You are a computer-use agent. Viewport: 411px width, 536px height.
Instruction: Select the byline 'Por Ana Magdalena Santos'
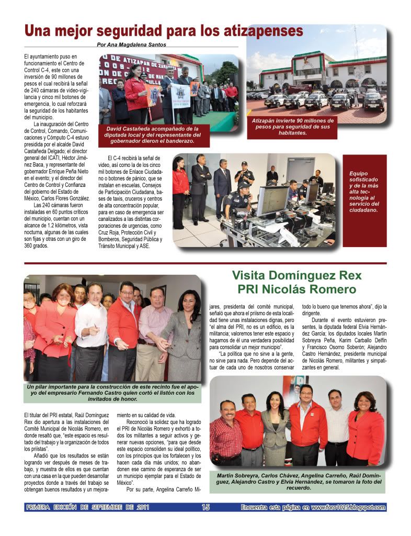(x=132, y=44)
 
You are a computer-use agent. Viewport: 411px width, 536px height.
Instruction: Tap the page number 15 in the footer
(x=206, y=507)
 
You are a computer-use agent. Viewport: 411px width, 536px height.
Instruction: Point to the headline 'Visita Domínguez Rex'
(x=296, y=275)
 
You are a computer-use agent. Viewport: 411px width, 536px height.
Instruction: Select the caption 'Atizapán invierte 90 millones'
(x=292, y=127)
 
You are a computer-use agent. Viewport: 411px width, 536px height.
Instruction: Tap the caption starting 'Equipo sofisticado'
(x=364, y=192)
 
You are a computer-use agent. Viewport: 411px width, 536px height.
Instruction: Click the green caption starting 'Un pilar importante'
(x=112, y=392)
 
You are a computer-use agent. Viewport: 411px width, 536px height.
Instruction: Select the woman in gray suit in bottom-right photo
(x=276, y=429)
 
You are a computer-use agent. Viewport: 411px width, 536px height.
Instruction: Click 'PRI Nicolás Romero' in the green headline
(x=296, y=289)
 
